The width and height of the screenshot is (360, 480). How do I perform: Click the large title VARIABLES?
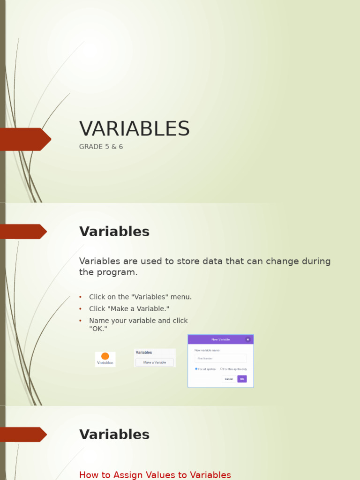click(x=135, y=129)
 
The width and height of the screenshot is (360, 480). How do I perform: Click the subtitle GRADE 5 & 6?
click(x=101, y=147)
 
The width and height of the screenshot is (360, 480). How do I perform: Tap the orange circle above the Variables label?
click(x=105, y=356)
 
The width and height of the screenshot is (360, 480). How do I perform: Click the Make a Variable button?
click(x=155, y=362)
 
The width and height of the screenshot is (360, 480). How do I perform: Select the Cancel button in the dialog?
click(x=229, y=379)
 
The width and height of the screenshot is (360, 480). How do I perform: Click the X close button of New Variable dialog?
click(x=248, y=339)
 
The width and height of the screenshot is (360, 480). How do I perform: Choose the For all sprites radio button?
click(x=196, y=369)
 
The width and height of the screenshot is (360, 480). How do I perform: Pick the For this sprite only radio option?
click(x=221, y=369)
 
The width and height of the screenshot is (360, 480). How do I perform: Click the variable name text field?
click(x=220, y=359)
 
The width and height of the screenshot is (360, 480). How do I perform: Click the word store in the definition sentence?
click(x=187, y=261)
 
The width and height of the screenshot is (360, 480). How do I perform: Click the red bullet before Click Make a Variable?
click(x=80, y=309)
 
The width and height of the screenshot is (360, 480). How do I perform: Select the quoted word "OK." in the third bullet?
click(x=98, y=329)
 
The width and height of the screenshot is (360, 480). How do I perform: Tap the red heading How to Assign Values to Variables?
click(x=155, y=475)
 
